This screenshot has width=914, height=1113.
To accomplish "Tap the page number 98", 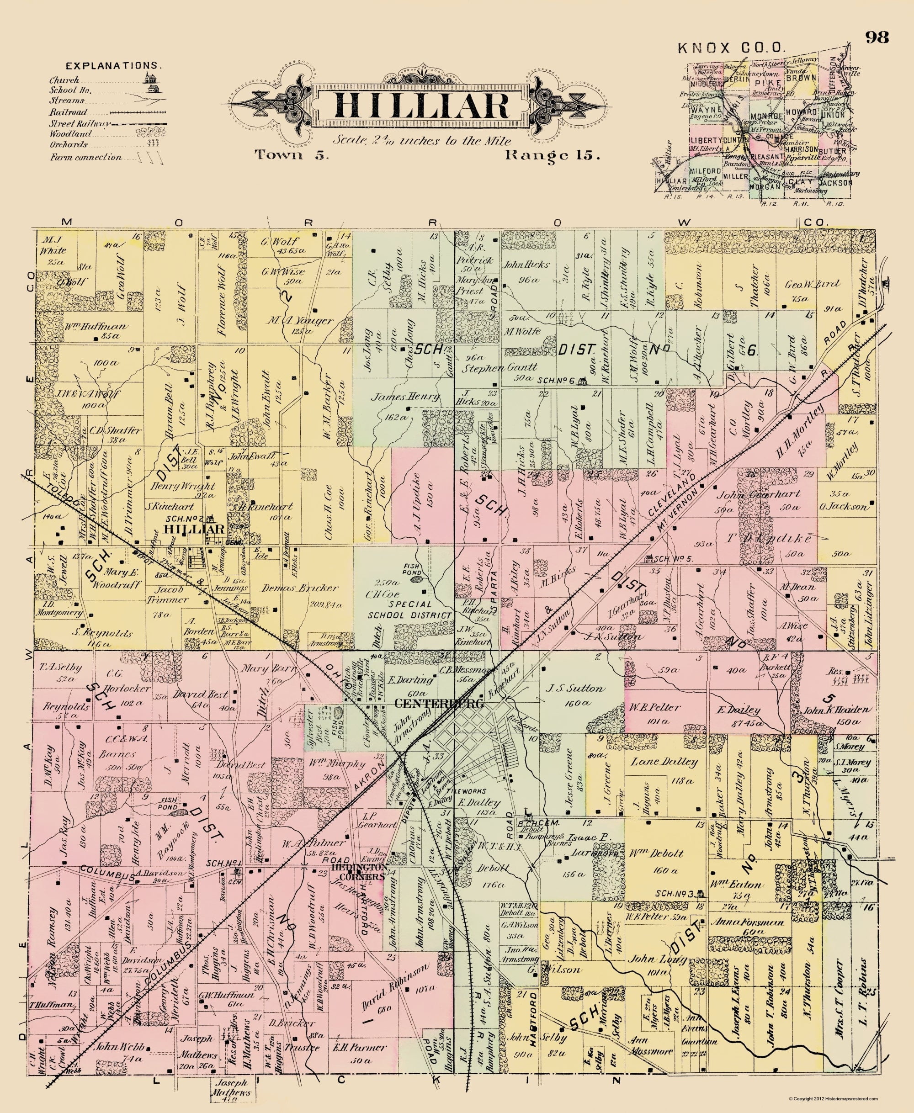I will [x=877, y=37].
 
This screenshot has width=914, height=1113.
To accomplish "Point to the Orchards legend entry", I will [x=69, y=145].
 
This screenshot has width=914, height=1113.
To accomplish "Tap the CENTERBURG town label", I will [x=439, y=704].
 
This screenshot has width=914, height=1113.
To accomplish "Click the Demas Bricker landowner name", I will [x=300, y=588].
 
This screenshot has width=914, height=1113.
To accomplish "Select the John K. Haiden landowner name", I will [x=831, y=710].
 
